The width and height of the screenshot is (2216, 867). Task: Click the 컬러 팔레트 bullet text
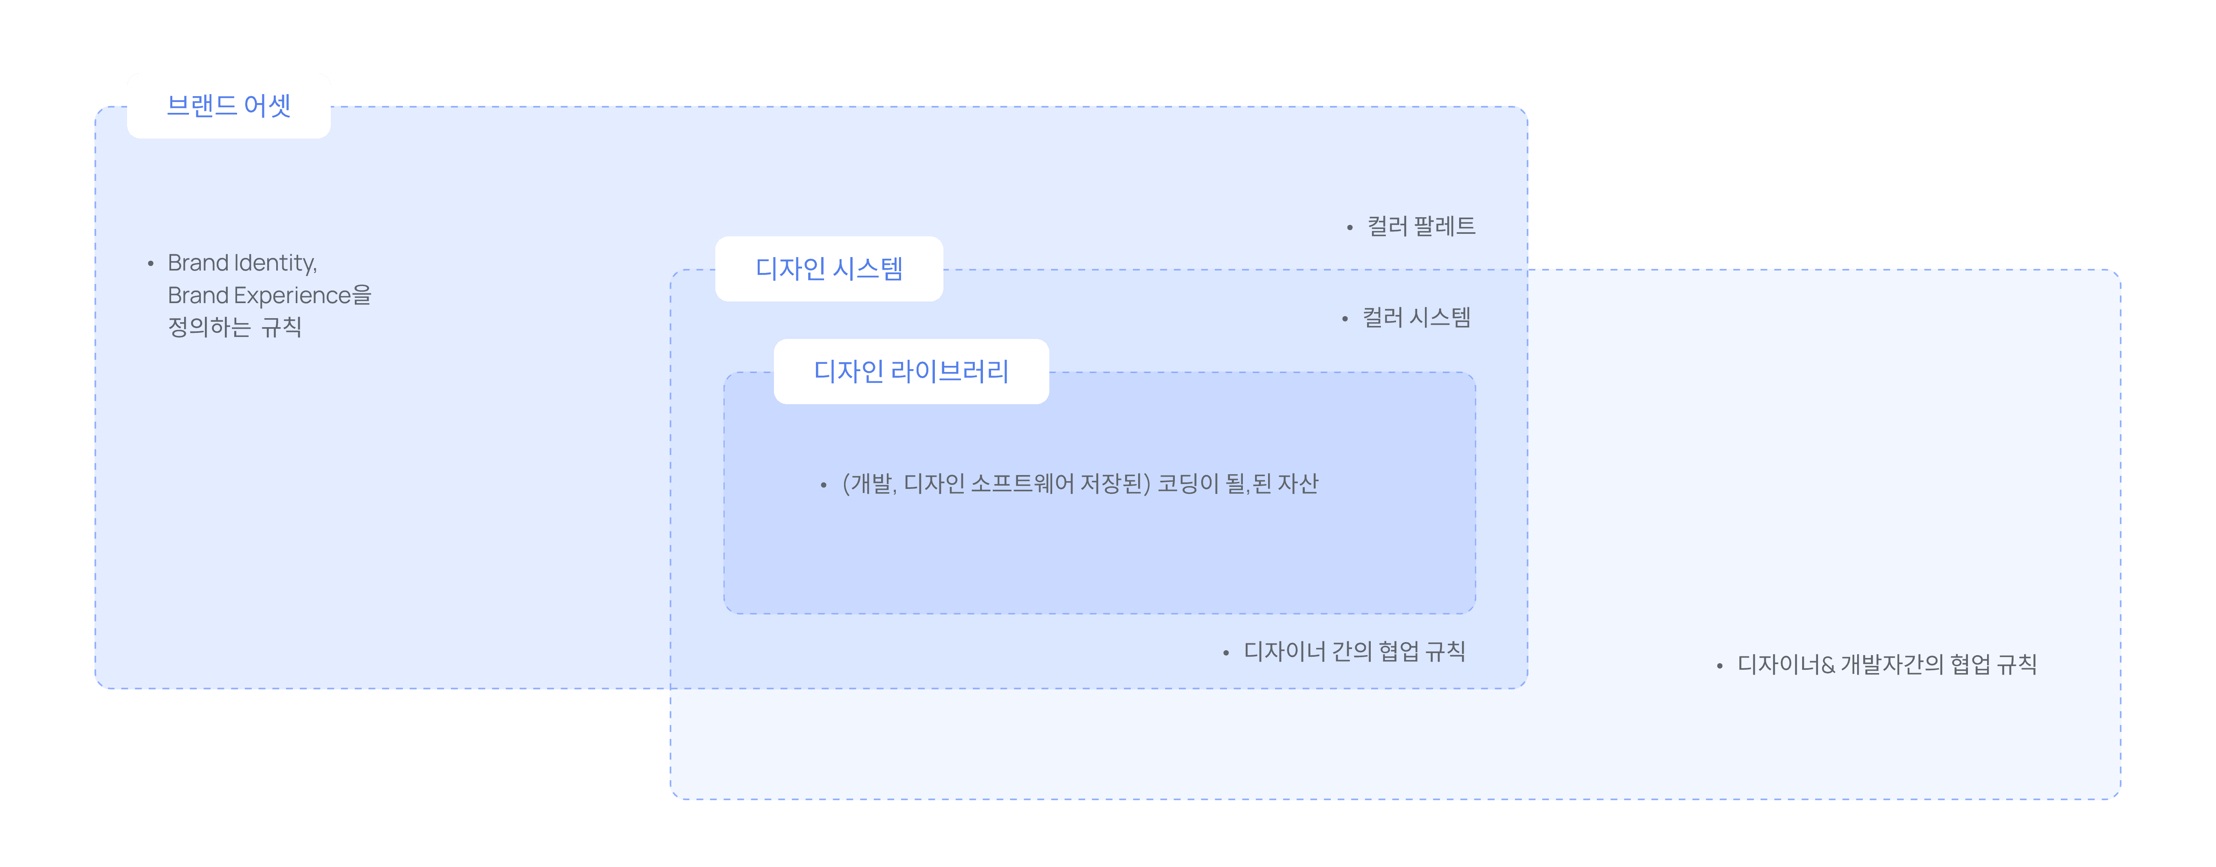tap(1421, 226)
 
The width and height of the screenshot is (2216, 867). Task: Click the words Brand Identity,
tap(243, 262)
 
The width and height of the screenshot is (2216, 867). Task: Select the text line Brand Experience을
tap(269, 295)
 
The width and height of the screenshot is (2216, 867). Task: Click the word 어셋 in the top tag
tap(268, 106)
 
